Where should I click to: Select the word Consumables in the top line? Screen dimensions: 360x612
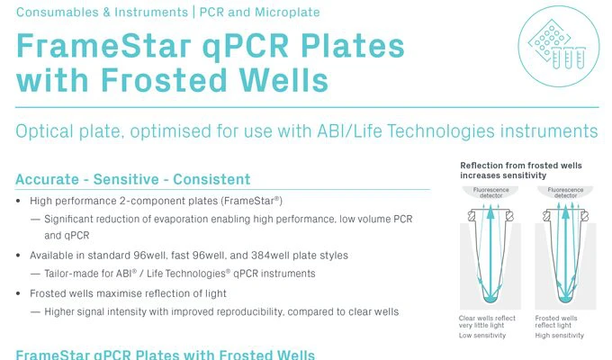pyautogui.click(x=53, y=13)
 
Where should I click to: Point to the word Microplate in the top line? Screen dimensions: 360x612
pyautogui.click(x=289, y=13)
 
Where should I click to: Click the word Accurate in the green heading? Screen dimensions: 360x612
pyautogui.click(x=45, y=179)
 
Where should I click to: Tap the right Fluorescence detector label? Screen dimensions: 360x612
pyautogui.click(x=557, y=193)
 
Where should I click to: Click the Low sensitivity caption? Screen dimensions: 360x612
pyautogui.click(x=483, y=335)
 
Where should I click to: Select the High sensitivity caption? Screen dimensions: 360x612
pyautogui.click(x=560, y=335)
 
